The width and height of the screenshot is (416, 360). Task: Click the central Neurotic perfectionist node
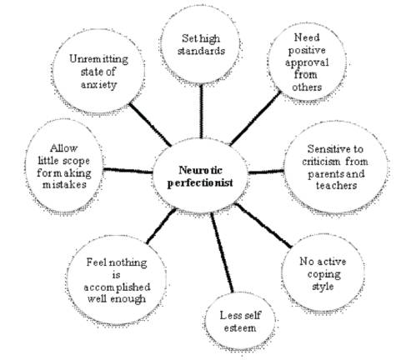click(x=200, y=176)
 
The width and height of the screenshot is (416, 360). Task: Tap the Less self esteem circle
click(x=240, y=322)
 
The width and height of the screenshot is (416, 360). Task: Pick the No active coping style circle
click(x=323, y=273)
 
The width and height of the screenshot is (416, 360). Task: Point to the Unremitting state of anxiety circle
click(x=98, y=72)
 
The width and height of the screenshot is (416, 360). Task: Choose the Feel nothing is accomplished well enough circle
click(x=117, y=281)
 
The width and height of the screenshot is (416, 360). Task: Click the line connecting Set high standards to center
click(x=201, y=111)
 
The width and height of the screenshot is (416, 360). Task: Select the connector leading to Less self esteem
click(x=222, y=252)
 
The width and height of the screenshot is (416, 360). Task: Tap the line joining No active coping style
click(x=263, y=225)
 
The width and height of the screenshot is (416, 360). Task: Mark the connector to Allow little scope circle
click(x=128, y=171)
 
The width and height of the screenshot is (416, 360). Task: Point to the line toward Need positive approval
click(x=256, y=118)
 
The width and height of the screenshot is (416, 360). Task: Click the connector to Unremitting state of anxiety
click(x=150, y=125)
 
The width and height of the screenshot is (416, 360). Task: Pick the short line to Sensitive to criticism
click(x=266, y=172)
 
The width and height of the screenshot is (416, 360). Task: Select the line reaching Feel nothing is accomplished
click(x=161, y=226)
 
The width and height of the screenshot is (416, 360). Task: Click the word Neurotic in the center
click(x=200, y=170)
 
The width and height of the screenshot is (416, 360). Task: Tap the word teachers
click(x=336, y=186)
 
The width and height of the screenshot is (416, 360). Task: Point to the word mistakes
click(x=64, y=185)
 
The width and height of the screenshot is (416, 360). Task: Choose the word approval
click(x=307, y=63)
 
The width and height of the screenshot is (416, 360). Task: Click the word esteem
click(x=240, y=328)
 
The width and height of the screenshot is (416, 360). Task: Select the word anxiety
click(x=98, y=85)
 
